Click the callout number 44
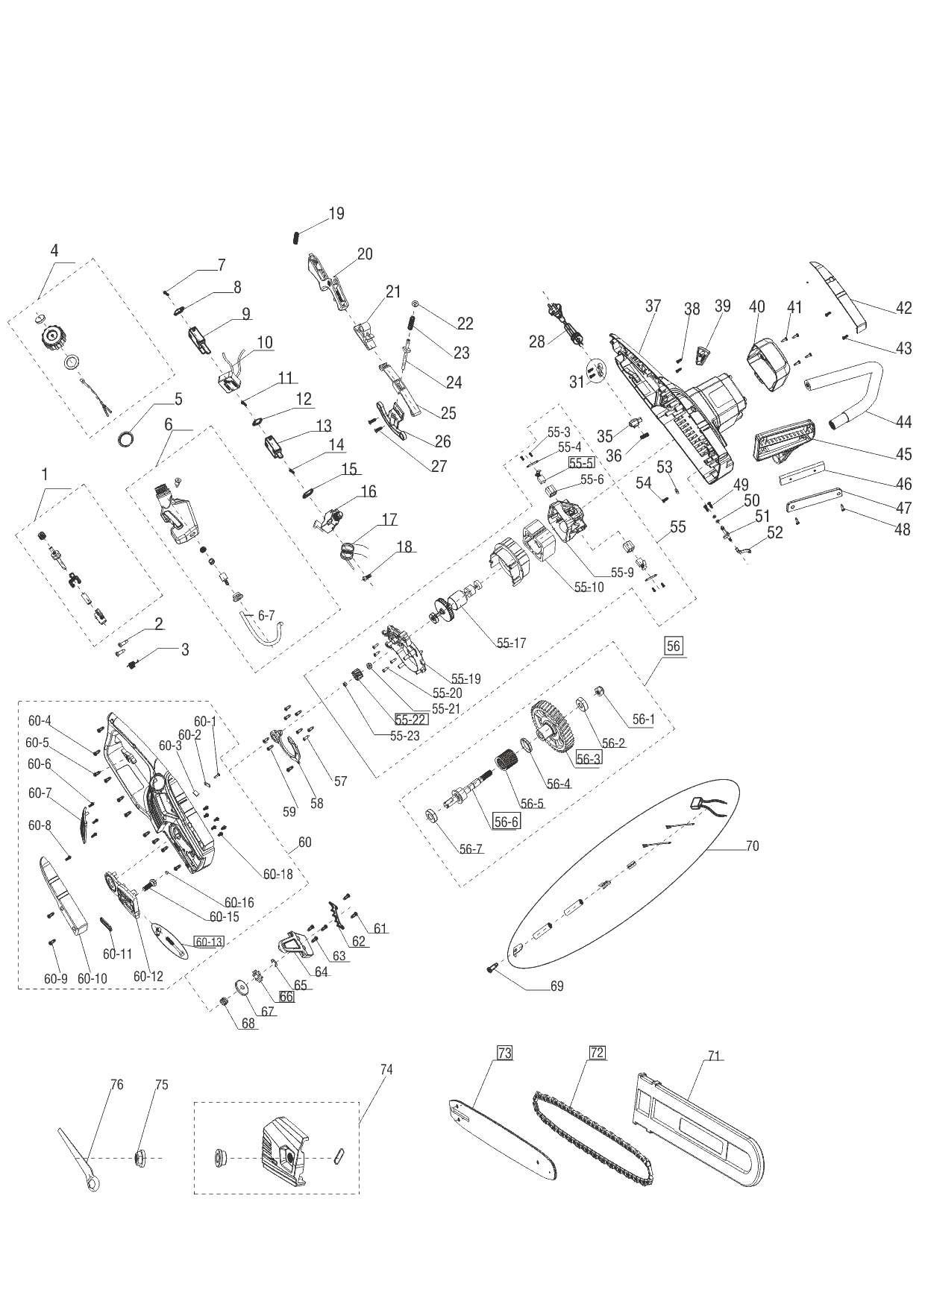[x=903, y=422]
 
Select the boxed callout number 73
[x=505, y=1053]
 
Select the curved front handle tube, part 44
[x=850, y=388]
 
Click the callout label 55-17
[x=512, y=643]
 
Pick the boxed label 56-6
[x=506, y=821]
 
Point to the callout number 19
[x=336, y=214]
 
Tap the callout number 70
[x=752, y=846]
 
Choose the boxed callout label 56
[x=674, y=646]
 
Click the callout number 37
[x=653, y=306]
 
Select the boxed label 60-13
[x=209, y=942]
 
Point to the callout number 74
[x=386, y=1069]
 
